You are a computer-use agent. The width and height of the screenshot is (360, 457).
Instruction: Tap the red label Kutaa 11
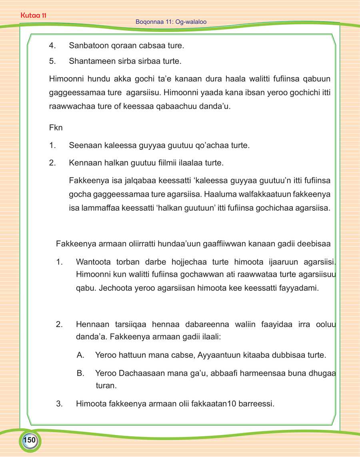(x=34, y=16)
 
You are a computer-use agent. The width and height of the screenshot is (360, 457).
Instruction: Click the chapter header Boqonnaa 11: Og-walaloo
(x=171, y=22)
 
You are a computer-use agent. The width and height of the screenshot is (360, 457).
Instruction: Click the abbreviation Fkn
(x=56, y=130)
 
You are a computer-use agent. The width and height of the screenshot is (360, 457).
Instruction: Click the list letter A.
(x=80, y=355)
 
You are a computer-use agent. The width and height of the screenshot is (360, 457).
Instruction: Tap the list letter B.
(x=80, y=373)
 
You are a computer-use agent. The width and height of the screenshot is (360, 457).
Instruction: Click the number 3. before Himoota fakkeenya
(x=60, y=404)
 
